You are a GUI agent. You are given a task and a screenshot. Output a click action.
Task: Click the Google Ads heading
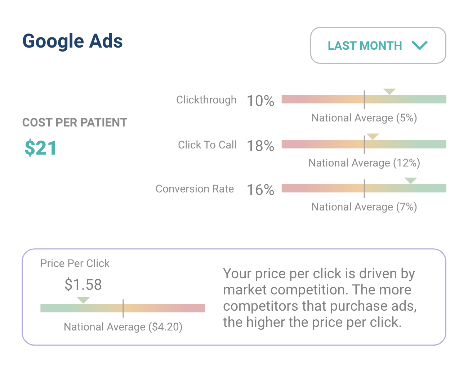point(72,41)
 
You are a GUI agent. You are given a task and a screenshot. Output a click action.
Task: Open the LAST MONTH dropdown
point(378,45)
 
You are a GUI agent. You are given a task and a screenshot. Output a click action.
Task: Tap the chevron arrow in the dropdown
point(420,45)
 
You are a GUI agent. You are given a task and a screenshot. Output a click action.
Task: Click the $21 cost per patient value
point(41,148)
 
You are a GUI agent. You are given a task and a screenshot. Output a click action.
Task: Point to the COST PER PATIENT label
point(75,123)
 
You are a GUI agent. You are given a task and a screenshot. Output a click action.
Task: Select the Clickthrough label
point(206,100)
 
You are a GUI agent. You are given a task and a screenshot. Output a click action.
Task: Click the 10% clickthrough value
point(260,101)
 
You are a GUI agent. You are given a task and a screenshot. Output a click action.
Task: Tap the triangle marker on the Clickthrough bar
point(389,91)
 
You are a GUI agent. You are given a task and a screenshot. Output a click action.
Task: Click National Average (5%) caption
point(364,118)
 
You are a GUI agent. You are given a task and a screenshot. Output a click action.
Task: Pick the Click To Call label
point(207,145)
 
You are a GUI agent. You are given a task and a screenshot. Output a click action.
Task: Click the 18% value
point(260,146)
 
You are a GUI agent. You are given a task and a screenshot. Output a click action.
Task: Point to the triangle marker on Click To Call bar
point(373,136)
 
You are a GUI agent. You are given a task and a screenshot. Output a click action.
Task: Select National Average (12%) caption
point(364,163)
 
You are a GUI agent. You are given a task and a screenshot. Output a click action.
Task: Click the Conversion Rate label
point(195,189)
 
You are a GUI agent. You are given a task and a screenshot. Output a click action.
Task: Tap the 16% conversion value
point(260,190)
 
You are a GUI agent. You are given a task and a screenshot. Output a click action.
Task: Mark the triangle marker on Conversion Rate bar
point(411,180)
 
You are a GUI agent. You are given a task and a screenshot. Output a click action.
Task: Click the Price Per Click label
point(75,263)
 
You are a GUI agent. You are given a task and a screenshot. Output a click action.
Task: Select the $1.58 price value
point(83,285)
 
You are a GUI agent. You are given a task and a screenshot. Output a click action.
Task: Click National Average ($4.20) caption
point(123,327)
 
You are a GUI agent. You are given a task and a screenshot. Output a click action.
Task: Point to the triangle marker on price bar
point(83,300)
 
